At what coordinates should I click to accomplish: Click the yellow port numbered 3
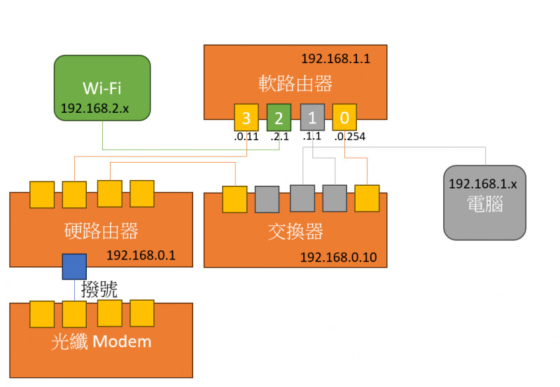[246, 116]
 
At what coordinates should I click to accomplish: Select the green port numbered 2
[278, 116]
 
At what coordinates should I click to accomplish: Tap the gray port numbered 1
[312, 116]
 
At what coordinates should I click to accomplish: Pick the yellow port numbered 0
[344, 116]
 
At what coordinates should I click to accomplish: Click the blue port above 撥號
[74, 266]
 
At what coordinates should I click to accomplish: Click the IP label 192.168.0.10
[338, 257]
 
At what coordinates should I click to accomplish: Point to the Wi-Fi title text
[102, 88]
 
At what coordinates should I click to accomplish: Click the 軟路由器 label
[295, 85]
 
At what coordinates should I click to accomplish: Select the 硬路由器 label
[100, 231]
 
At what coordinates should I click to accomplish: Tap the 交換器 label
[295, 231]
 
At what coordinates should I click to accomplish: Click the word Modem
[121, 342]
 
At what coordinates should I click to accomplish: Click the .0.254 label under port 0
[351, 137]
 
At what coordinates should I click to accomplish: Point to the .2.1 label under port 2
[279, 137]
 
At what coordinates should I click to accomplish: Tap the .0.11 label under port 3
[246, 137]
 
